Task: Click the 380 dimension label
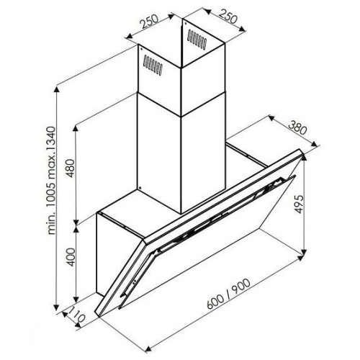(x=297, y=128)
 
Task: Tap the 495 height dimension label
(x=299, y=204)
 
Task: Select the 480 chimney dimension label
(x=71, y=168)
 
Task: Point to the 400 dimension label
(x=71, y=257)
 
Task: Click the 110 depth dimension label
(x=76, y=315)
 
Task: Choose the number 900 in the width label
(x=241, y=287)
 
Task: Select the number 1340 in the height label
(x=51, y=140)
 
